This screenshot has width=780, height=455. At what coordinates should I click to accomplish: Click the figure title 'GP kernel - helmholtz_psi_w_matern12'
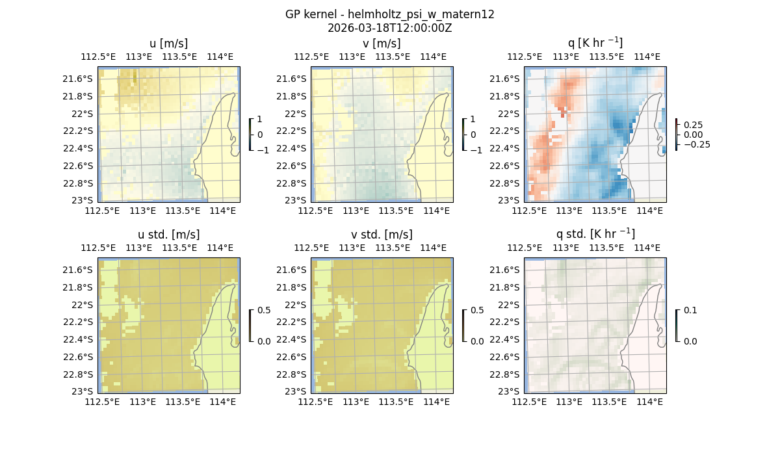click(x=389, y=14)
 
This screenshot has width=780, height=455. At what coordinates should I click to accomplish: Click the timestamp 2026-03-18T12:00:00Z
click(x=389, y=28)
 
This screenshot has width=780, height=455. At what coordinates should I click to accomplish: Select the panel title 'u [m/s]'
click(x=168, y=44)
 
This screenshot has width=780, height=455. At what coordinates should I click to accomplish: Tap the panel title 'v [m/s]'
click(x=382, y=44)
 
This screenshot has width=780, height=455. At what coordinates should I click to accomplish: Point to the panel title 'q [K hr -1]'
click(x=595, y=43)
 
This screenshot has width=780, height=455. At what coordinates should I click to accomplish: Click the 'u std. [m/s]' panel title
click(x=168, y=235)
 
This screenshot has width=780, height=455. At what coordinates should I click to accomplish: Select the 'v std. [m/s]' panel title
click(x=382, y=235)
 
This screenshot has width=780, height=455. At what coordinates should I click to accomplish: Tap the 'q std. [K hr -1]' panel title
click(x=595, y=234)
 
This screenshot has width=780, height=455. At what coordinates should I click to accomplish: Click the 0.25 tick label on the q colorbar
click(x=693, y=124)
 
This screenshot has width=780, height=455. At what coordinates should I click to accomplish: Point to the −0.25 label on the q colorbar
click(x=696, y=144)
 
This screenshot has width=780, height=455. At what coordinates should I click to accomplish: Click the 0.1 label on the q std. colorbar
click(x=690, y=311)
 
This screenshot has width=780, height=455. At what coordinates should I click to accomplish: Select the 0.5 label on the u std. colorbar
click(x=264, y=311)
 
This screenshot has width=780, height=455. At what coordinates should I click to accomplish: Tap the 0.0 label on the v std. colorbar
click(x=477, y=341)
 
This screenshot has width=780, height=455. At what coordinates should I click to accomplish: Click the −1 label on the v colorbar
click(x=477, y=149)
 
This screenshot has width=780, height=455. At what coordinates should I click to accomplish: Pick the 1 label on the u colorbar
click(x=260, y=120)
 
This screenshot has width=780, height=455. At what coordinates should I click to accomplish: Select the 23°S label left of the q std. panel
click(x=510, y=391)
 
